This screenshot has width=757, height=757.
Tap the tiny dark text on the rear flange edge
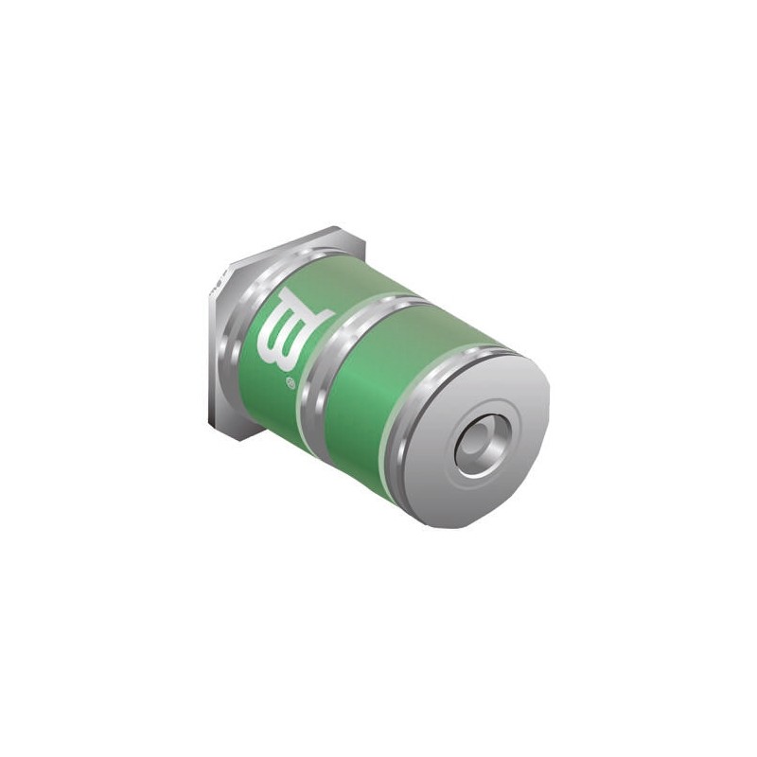[x=218, y=286]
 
